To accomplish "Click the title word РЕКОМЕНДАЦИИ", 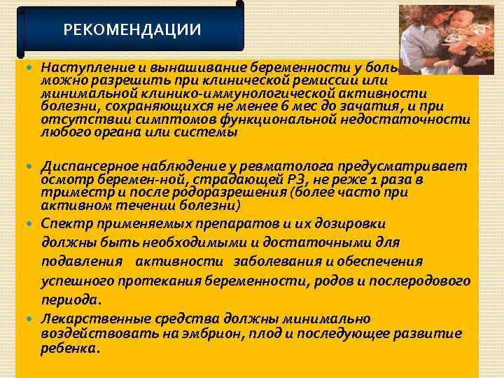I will [132, 30].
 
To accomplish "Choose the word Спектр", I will [62, 224].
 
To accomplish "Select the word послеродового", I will [424, 281].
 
